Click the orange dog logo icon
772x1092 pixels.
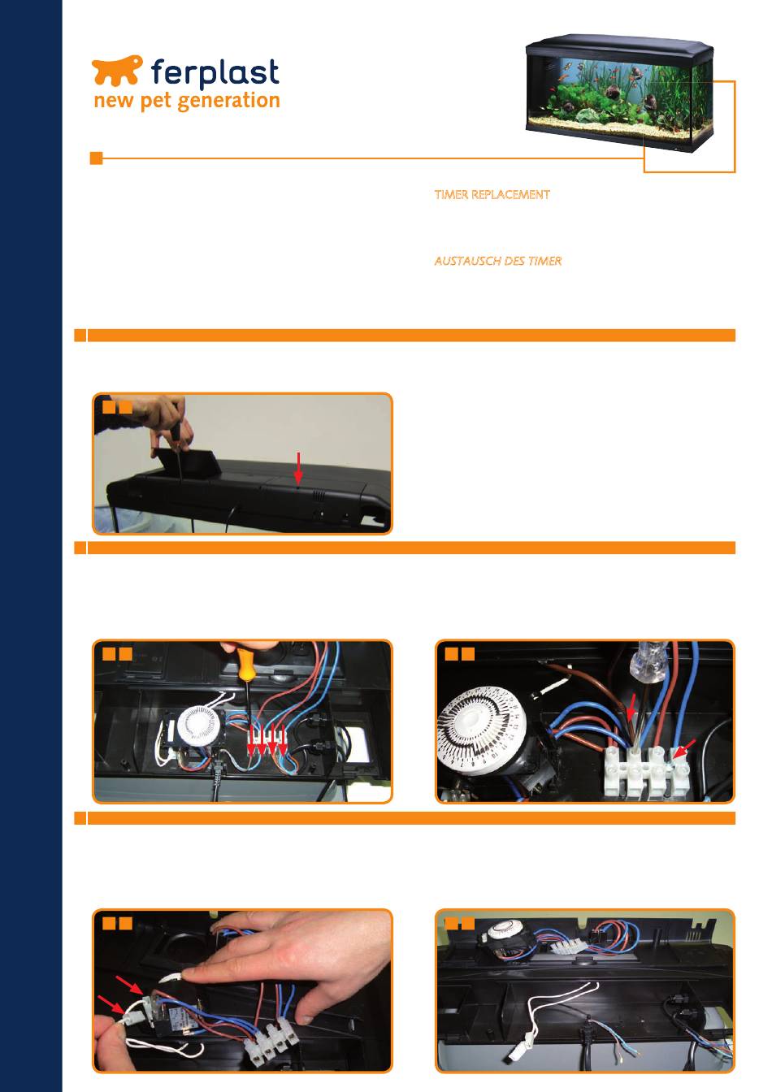coord(117,70)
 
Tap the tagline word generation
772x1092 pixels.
coord(228,102)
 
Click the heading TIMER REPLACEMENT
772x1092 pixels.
coord(492,195)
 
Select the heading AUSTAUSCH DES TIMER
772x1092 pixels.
coord(498,262)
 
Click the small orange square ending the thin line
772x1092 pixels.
coord(96,158)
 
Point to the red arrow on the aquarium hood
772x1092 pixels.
coord(298,468)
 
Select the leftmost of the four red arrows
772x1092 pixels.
coord(252,740)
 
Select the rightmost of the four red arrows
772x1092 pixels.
coord(283,740)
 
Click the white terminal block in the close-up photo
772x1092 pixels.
coord(647,771)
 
